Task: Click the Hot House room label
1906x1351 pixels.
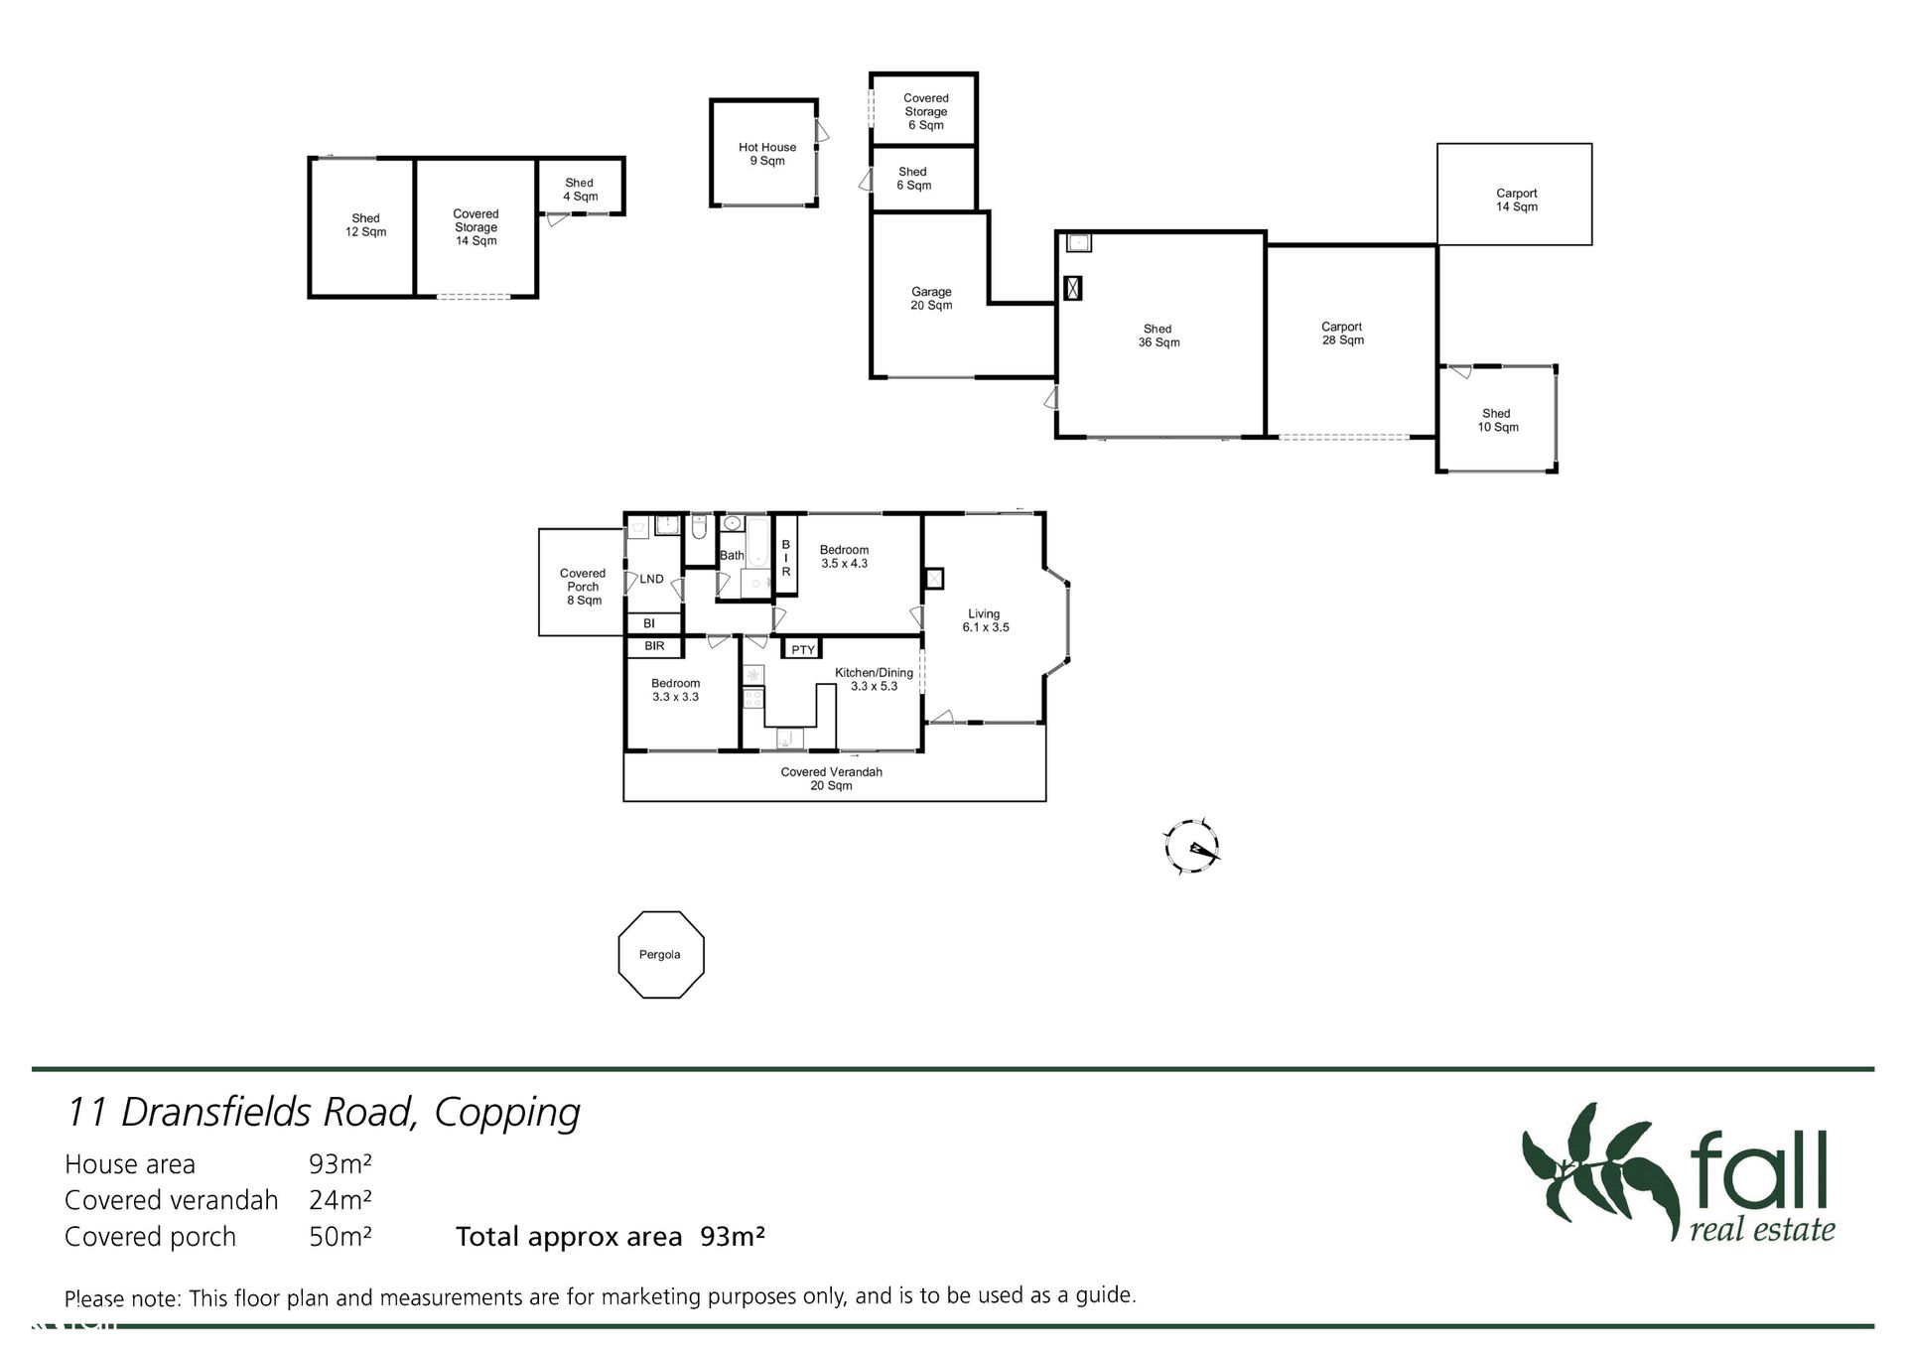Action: point(767,154)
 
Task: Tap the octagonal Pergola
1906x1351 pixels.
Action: point(661,912)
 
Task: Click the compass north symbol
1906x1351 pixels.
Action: point(1191,847)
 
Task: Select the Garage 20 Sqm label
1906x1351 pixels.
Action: point(931,298)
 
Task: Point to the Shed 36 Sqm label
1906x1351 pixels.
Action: point(1158,336)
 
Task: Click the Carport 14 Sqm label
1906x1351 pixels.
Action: point(1517,201)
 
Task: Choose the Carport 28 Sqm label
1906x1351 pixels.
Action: point(1342,334)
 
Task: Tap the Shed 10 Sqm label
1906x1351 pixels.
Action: point(1497,421)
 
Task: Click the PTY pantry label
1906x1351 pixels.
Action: point(803,650)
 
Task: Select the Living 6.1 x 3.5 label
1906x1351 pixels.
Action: point(985,620)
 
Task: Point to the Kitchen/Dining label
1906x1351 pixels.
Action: point(874,672)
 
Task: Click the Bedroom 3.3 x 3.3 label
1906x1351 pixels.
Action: point(676,690)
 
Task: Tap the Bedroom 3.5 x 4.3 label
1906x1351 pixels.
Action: point(844,557)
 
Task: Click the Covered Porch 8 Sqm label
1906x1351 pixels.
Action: point(583,587)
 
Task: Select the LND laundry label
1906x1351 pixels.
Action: point(651,579)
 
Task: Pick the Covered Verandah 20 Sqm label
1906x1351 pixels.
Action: point(832,778)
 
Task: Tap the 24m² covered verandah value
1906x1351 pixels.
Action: point(340,1200)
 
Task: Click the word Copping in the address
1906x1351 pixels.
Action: point(507,1114)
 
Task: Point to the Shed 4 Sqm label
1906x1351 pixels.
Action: point(580,190)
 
